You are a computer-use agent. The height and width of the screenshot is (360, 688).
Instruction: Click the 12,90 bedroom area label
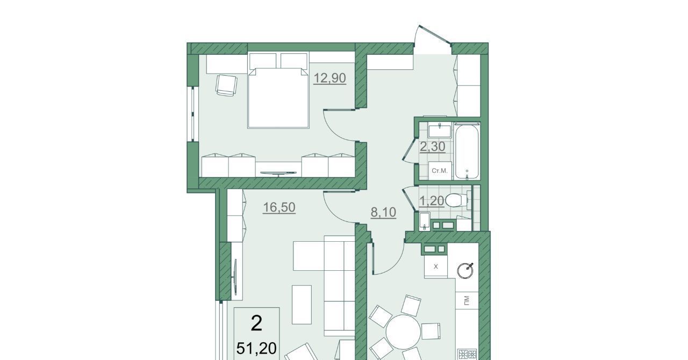click(329, 78)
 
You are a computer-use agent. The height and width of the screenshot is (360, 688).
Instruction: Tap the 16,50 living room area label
click(279, 207)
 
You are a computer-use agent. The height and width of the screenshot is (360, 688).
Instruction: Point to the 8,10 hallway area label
click(383, 212)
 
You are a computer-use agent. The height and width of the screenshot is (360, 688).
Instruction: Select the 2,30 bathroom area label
click(433, 147)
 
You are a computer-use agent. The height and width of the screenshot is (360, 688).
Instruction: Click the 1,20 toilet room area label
click(432, 201)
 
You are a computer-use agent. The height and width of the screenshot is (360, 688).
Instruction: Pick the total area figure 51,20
click(256, 348)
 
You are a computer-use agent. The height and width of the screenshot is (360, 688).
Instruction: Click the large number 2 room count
click(256, 324)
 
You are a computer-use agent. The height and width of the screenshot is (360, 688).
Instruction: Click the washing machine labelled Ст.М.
click(440, 170)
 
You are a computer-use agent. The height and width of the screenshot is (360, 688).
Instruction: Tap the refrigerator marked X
click(435, 267)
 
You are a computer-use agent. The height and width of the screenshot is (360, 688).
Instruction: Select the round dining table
click(403, 332)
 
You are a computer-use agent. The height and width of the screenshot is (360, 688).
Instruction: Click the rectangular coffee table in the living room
click(302, 305)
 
